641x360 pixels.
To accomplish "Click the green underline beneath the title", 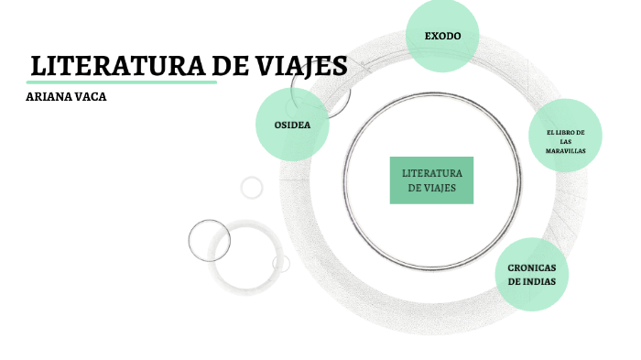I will tap(123, 82).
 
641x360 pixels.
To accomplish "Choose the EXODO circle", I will tap(442, 37).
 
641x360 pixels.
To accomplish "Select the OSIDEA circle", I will tap(292, 124).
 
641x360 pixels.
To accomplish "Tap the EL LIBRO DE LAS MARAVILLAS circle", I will tap(565, 135).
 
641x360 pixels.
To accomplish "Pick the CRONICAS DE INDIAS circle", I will tap(531, 274).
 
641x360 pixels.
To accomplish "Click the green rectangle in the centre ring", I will tap(431, 180).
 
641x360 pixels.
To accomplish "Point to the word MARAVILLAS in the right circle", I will tap(566, 150).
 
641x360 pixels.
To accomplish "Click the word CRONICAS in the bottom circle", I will tap(532, 267).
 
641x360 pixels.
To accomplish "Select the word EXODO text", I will tap(442, 37).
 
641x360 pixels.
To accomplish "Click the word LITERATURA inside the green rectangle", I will tap(432, 172).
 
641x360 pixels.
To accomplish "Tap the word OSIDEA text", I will tap(292, 124).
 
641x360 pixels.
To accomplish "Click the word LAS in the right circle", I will tap(566, 142).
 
